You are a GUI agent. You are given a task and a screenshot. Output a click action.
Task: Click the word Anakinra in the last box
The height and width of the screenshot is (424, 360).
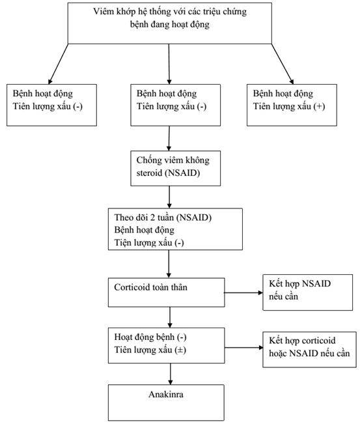pyautogui.click(x=166, y=394)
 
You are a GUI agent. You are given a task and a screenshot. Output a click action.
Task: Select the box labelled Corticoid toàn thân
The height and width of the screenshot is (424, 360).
pyautogui.click(x=166, y=292)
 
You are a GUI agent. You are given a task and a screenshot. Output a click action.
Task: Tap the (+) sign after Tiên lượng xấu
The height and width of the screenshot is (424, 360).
pyautogui.click(x=319, y=106)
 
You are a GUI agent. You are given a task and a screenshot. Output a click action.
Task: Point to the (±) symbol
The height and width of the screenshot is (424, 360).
pyautogui.click(x=180, y=350)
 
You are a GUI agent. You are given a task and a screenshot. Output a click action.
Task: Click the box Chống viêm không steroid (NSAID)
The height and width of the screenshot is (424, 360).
pyautogui.click(x=175, y=168)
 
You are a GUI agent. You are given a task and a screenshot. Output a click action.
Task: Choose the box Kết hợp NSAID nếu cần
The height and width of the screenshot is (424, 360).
pyautogui.click(x=307, y=292)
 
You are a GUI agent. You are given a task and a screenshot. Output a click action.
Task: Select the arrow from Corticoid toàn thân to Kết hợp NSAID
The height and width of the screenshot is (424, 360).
pyautogui.click(x=243, y=292)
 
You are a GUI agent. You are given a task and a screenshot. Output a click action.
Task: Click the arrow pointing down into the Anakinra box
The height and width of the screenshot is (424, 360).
pyautogui.click(x=171, y=374)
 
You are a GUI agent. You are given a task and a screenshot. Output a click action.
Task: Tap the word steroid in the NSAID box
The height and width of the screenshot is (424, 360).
pyautogui.click(x=149, y=173)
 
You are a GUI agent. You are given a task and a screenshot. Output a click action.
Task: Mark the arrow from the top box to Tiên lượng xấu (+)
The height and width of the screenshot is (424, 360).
pyautogui.click(x=283, y=64)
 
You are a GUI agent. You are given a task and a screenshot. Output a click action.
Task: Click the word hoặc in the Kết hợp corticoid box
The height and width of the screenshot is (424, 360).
pyautogui.click(x=278, y=353)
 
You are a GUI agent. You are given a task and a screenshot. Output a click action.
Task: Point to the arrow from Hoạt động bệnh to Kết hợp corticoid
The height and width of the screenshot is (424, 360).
pyautogui.click(x=243, y=348)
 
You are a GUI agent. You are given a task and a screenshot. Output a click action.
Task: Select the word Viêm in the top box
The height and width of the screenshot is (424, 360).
pyautogui.click(x=102, y=12)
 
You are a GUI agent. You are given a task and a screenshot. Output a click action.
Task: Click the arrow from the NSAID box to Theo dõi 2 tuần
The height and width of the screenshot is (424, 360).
pyautogui.click(x=169, y=197)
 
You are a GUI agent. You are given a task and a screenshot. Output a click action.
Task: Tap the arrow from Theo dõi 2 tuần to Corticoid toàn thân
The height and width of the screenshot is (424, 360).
pyautogui.click(x=169, y=264)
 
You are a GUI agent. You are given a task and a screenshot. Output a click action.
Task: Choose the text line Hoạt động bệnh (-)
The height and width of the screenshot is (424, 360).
pyautogui.click(x=150, y=337)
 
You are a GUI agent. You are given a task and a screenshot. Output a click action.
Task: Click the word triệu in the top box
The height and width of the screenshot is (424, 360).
pyautogui.click(x=212, y=12)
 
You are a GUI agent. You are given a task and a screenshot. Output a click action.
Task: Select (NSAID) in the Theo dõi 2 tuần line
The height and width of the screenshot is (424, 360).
pyautogui.click(x=194, y=218)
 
